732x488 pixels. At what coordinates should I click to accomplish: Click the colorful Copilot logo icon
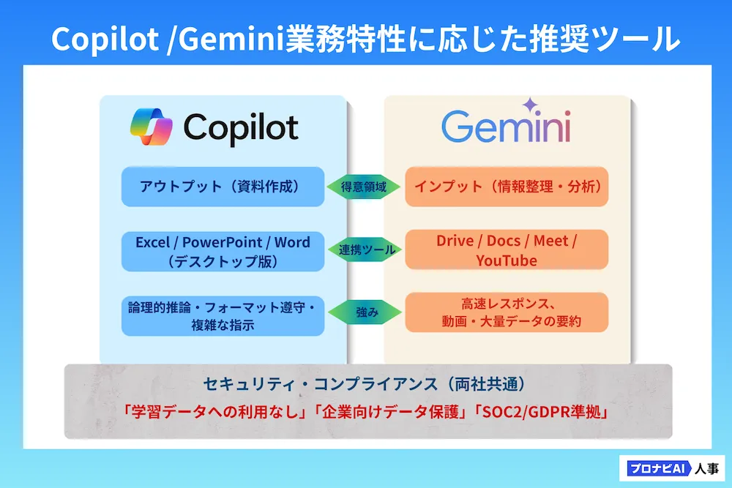[152, 127]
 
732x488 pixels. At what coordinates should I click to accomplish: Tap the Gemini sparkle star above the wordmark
[530, 105]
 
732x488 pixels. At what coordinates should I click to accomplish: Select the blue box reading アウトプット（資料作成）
[223, 187]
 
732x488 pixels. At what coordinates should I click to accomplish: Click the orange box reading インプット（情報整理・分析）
[507, 187]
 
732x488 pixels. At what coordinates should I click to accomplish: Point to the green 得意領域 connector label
[363, 187]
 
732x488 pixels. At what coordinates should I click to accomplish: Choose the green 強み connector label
[365, 312]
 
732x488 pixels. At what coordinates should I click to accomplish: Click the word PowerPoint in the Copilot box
[223, 243]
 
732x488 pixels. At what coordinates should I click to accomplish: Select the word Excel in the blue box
[153, 243]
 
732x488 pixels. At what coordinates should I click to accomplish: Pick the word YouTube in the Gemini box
[507, 260]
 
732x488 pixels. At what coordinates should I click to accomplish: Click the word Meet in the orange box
[551, 241]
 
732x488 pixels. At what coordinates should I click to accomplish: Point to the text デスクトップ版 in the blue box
[223, 261]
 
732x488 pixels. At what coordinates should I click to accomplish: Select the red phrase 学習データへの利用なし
[215, 412]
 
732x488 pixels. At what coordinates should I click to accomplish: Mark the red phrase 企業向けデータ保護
[390, 412]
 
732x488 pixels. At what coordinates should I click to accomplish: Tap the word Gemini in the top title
[231, 40]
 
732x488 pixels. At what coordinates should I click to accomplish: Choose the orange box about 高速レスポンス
[507, 312]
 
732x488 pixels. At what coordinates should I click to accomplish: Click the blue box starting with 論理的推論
[223, 316]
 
